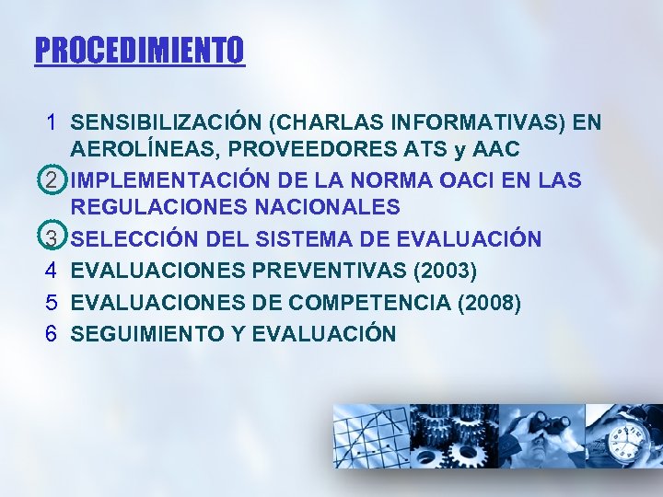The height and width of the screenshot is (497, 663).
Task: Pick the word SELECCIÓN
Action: [130, 239]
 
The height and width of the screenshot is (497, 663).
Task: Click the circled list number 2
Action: [53, 179]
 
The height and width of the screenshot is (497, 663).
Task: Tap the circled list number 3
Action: [53, 239]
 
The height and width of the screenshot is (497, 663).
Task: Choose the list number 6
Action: [53, 333]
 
